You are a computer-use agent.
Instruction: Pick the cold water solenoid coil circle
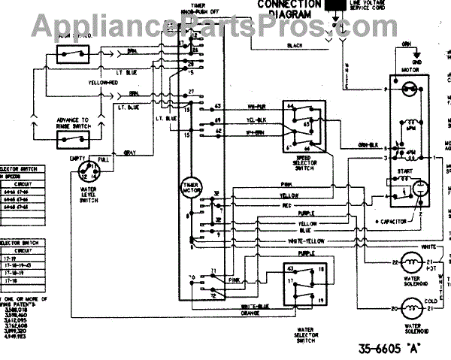[x=410, y=308]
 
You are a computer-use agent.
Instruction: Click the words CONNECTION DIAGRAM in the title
[x=285, y=8]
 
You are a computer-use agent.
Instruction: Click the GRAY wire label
[x=129, y=153]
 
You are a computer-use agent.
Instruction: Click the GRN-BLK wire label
[x=368, y=144]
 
